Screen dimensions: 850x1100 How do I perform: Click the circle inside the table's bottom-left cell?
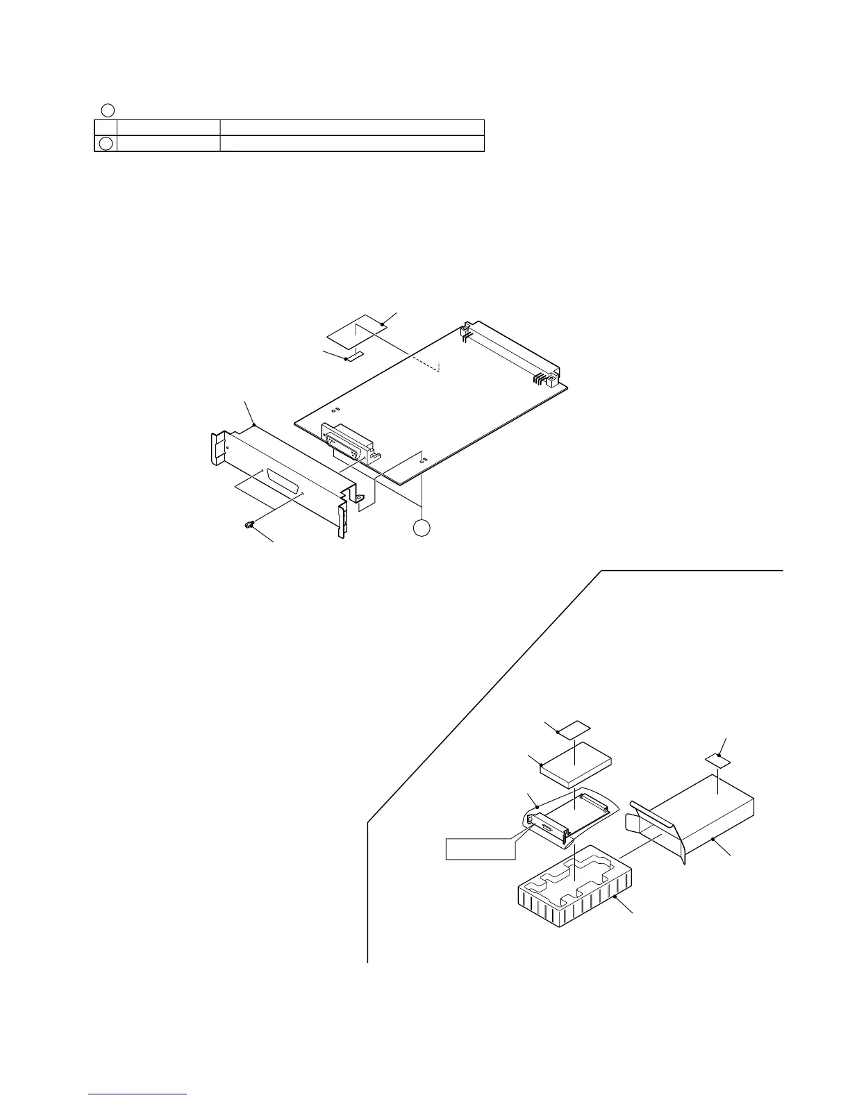[x=105, y=144]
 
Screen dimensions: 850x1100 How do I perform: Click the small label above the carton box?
[x=719, y=759]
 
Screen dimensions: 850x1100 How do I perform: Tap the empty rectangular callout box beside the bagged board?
[x=480, y=848]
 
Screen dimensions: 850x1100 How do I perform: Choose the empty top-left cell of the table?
[x=105, y=126]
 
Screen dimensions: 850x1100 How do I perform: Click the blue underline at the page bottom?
[x=138, y=1094]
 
